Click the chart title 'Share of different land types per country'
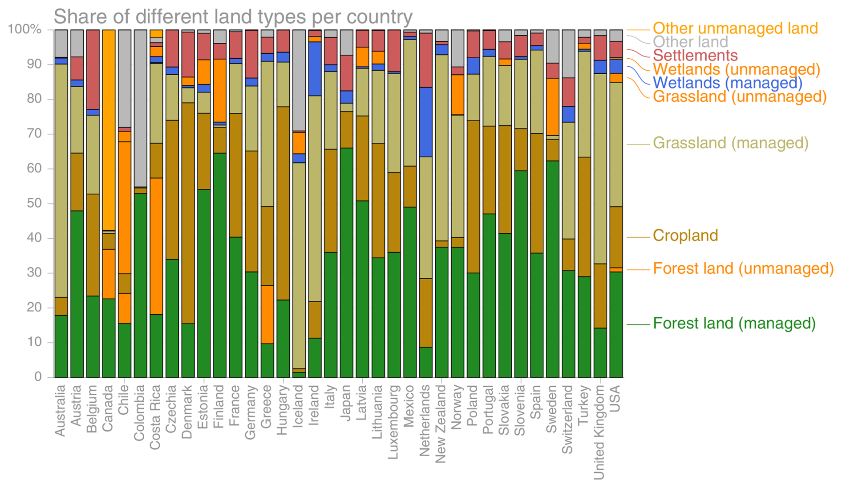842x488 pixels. [x=233, y=17]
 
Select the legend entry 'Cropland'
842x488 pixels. [x=685, y=236]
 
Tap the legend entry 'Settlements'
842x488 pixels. [x=695, y=56]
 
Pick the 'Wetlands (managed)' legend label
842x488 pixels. [x=727, y=83]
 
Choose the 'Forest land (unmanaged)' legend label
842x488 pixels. [x=743, y=268]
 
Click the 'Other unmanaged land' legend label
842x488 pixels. [x=735, y=28]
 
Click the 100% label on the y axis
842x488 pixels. [x=25, y=29]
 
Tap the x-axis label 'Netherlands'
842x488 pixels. [x=425, y=420]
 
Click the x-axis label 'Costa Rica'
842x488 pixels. [x=155, y=417]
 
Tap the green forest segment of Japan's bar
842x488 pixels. [x=346, y=262]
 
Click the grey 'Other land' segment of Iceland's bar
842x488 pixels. [x=299, y=80]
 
